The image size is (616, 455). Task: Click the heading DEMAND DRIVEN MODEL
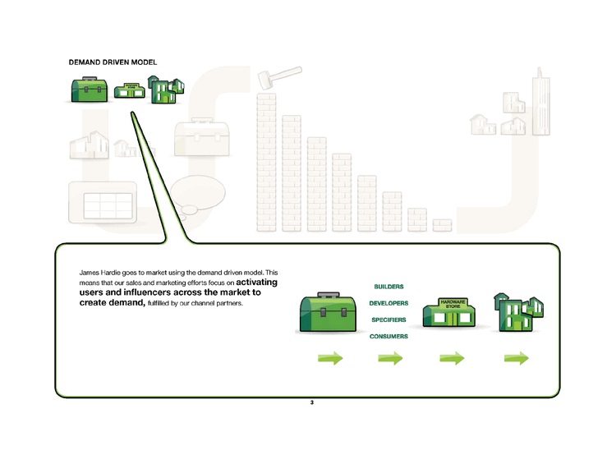point(113,62)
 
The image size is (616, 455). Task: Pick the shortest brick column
point(442,223)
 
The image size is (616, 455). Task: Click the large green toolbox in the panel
point(326,313)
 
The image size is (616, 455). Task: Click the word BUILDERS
point(388,287)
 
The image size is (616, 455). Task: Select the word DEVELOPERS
point(388,303)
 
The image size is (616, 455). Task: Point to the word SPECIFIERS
point(388,319)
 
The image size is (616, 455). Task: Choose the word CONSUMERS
point(388,336)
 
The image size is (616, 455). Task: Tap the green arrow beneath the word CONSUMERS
point(390,358)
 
